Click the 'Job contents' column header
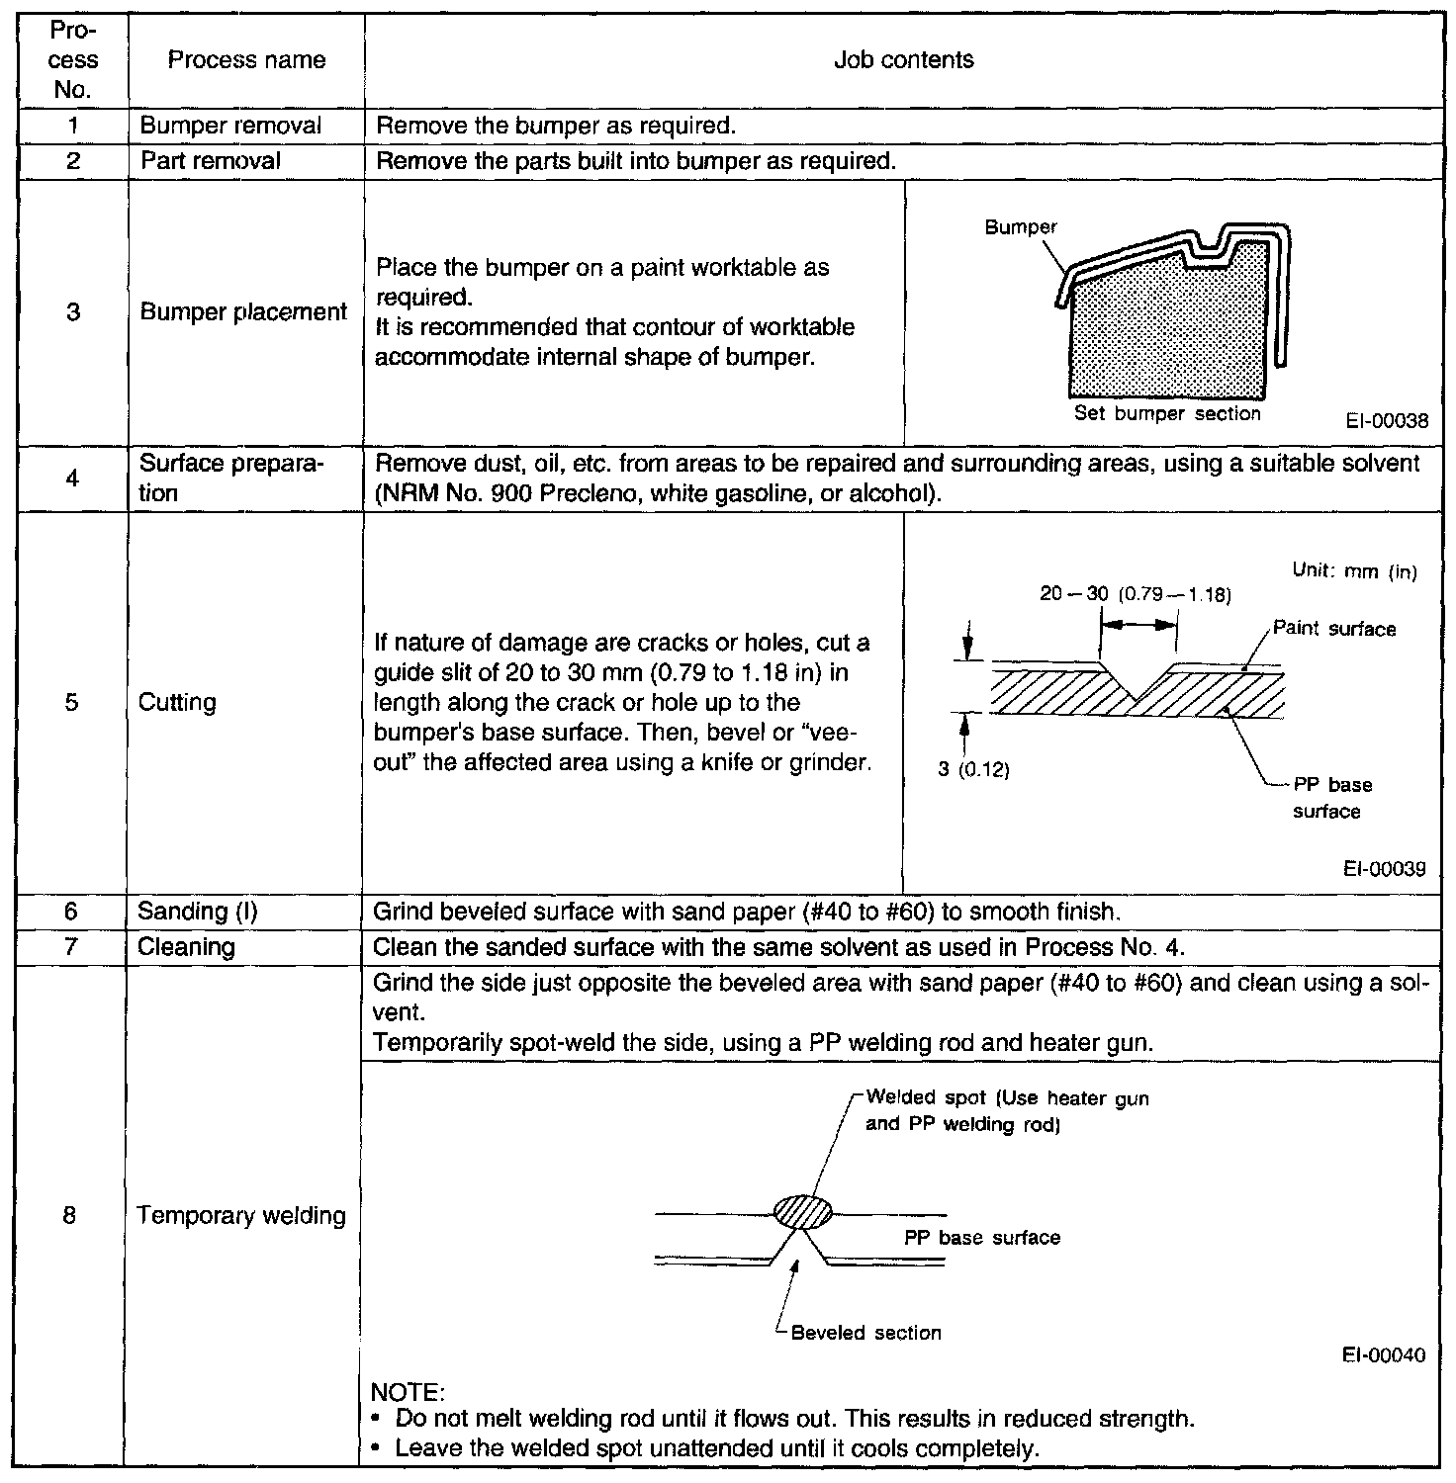[x=903, y=59]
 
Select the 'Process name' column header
[x=246, y=59]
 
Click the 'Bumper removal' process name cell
[x=230, y=126]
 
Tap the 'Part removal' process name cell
[x=211, y=160]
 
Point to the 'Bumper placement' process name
[x=243, y=312]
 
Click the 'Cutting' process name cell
[x=177, y=702]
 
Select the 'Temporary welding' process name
[x=241, y=1215]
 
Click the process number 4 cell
[x=72, y=479]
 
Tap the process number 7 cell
[x=71, y=947]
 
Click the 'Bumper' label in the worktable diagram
[x=1021, y=227]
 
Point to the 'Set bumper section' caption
[x=1167, y=414]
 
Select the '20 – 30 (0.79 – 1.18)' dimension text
[x=1135, y=594]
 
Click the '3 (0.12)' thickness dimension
[x=974, y=770]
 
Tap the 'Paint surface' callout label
[x=1334, y=629]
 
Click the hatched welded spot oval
[x=802, y=1211]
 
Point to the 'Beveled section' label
[x=866, y=1333]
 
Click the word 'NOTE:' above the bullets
[x=407, y=1392]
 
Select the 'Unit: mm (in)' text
[x=1355, y=571]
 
